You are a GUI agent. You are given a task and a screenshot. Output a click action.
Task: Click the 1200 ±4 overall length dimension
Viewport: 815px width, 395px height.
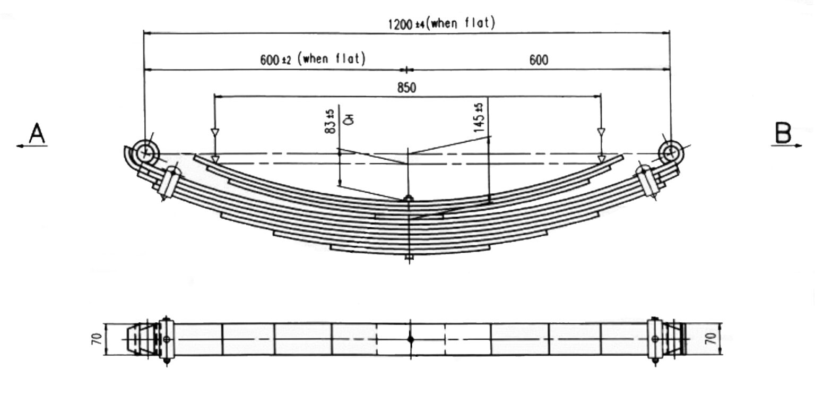[x=441, y=24]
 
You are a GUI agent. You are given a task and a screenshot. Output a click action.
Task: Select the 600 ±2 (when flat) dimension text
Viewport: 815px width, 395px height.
[x=313, y=59]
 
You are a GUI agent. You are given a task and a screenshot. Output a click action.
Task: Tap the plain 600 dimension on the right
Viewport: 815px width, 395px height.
[x=539, y=59]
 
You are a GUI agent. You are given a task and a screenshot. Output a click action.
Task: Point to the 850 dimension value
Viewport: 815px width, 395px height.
[x=406, y=88]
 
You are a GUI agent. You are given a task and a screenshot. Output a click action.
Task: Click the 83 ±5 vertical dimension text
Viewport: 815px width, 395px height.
[x=330, y=121]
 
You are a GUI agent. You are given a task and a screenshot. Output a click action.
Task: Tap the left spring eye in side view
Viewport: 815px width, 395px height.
[x=144, y=153]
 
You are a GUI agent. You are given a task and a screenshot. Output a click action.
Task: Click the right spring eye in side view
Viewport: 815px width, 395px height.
[x=671, y=152]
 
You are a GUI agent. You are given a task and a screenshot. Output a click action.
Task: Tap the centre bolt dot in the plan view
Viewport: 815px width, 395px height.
[x=410, y=339]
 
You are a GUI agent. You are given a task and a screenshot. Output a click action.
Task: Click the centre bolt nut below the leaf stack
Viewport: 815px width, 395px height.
[x=408, y=258]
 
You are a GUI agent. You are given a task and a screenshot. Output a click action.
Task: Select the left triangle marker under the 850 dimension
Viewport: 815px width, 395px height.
[x=215, y=132]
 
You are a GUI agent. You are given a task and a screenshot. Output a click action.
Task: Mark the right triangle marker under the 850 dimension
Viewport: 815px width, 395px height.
[x=601, y=132]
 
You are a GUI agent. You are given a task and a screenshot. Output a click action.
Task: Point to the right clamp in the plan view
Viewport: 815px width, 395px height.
[x=655, y=339]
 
